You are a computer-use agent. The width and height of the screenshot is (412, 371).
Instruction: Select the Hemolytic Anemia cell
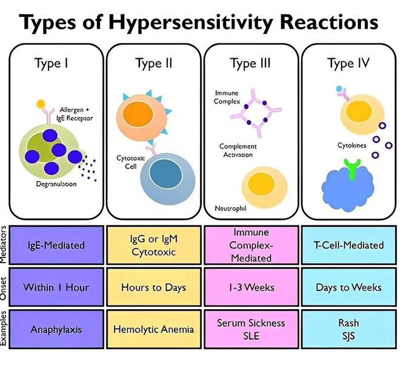(x=154, y=329)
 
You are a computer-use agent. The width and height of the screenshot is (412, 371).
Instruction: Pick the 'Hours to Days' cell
(x=154, y=287)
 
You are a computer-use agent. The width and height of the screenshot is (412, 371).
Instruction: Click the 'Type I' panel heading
(x=56, y=63)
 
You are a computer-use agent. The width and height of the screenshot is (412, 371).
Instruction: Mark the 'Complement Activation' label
(x=238, y=150)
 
